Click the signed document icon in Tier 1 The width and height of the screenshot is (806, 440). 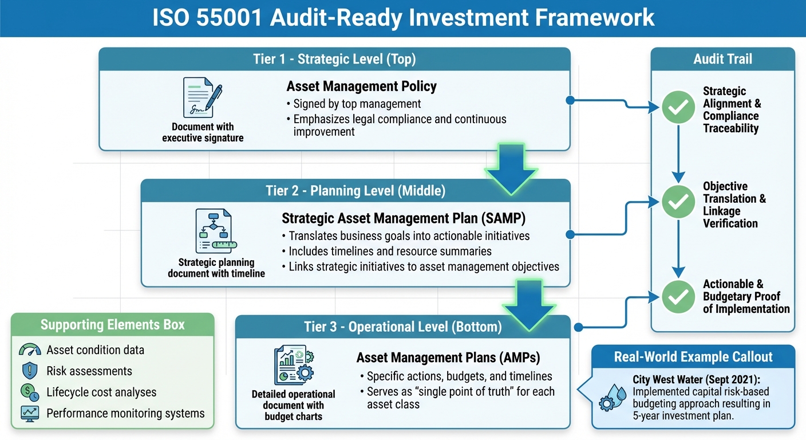click(201, 97)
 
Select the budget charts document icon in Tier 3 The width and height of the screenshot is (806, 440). click(293, 366)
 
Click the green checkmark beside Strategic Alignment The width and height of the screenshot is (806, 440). click(678, 107)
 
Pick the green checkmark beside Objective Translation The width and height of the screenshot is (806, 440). click(678, 202)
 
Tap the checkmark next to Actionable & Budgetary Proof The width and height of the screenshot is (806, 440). click(678, 296)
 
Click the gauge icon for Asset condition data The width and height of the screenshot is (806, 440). click(29, 350)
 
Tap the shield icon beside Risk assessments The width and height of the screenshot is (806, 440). click(29, 371)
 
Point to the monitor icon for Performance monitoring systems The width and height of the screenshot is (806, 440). click(29, 413)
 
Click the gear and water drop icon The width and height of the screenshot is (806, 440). click(613, 395)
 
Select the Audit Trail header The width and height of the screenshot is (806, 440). click(722, 59)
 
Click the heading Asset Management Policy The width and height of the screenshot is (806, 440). click(361, 87)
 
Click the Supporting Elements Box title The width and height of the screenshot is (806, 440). click(112, 325)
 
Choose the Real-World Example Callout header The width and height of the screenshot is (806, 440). click(693, 357)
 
